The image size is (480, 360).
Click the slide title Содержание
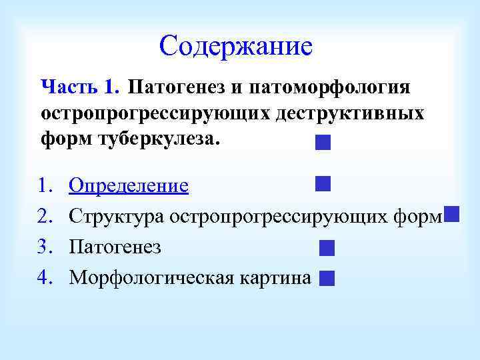pos(235,47)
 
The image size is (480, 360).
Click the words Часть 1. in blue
pos(80,87)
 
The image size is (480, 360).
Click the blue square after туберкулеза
pos(323,143)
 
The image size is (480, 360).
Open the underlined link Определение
pos(129,185)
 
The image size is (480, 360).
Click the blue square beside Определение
pos(323,183)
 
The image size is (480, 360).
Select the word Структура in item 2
pos(117,217)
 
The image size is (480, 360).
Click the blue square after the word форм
pos(451,214)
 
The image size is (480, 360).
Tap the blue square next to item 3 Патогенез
pos(326,249)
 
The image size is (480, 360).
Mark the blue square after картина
pos(326,279)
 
